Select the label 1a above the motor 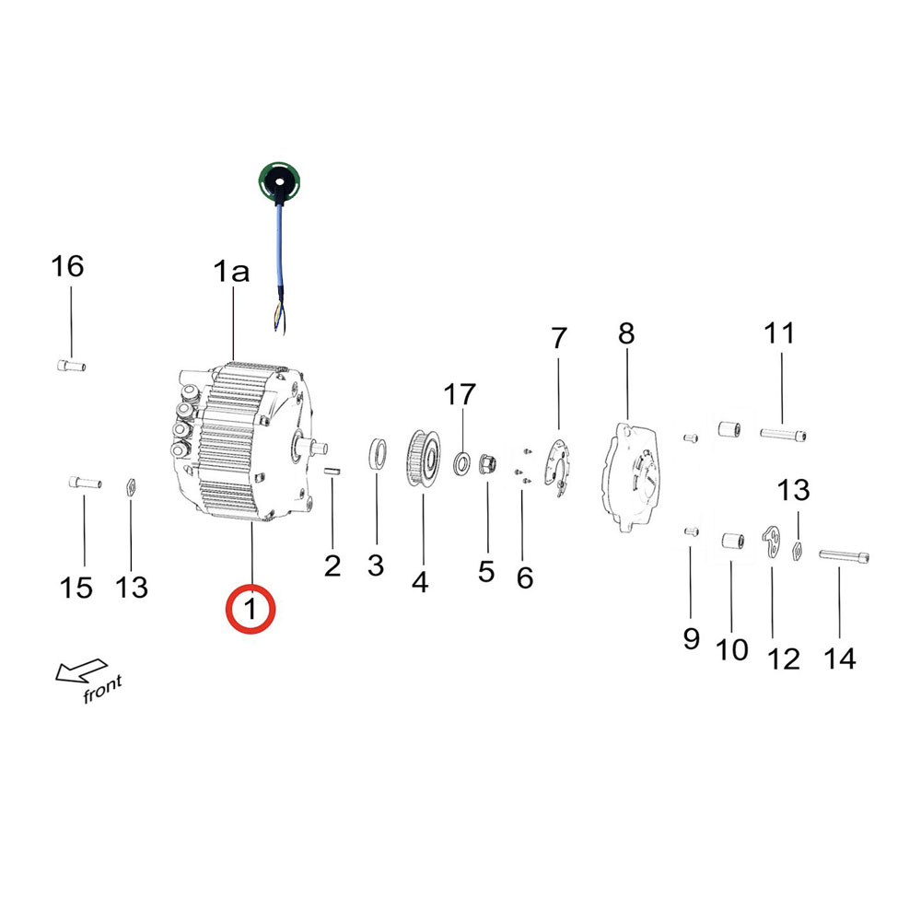click(x=231, y=272)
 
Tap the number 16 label click(x=68, y=267)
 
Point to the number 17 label click(x=460, y=395)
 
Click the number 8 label click(x=626, y=333)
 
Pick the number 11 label click(x=779, y=333)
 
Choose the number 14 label click(x=839, y=658)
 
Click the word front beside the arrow click(x=102, y=689)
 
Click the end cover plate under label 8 click(x=633, y=474)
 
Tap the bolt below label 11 click(x=786, y=433)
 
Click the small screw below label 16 click(x=71, y=367)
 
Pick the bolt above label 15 click(x=84, y=482)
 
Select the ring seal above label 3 click(x=377, y=455)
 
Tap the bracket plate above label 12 click(x=771, y=540)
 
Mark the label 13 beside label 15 click(x=133, y=586)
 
